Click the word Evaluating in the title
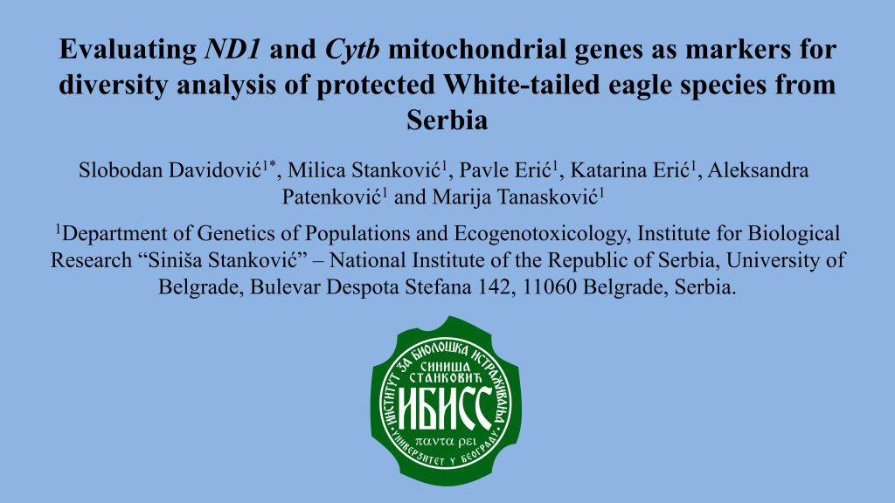[128, 50]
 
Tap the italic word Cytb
[352, 50]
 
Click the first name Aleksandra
[758, 170]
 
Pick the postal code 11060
[548, 286]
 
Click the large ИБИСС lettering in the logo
[445, 408]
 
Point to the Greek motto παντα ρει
[446, 441]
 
